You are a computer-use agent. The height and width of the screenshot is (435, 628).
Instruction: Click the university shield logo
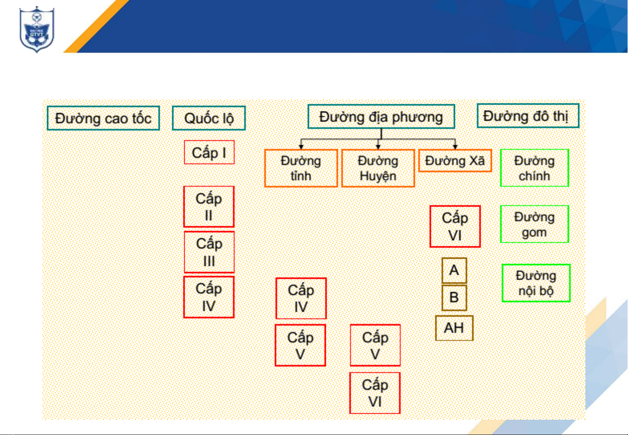coord(37,29)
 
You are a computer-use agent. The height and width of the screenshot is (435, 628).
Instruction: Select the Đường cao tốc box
coord(103,118)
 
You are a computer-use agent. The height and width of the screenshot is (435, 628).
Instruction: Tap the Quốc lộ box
coord(209,118)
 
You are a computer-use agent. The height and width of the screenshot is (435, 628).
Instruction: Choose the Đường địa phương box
coord(381,117)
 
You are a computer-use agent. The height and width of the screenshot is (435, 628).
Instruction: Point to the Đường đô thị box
coord(528,116)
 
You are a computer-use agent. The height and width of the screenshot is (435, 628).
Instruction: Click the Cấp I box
coord(209,152)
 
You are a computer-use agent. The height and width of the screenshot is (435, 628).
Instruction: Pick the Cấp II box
coord(209,207)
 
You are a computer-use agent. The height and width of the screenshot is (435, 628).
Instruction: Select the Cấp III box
coord(209,252)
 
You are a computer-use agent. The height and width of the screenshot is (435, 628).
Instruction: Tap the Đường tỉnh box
coord(301,168)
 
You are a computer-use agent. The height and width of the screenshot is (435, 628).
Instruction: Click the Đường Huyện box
coord(378,168)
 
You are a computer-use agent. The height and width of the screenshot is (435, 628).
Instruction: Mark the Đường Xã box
coord(455,161)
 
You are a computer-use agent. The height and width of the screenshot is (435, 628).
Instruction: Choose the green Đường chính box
coord(535,168)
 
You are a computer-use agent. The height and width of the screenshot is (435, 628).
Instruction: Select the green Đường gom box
coord(535,224)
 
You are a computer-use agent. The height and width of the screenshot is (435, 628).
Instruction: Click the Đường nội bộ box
coord(536,283)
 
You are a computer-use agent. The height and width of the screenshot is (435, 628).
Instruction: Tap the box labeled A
coord(454,270)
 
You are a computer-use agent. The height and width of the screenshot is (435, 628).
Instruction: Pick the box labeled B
coord(454,297)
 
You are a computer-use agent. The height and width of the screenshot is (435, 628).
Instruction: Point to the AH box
coord(454,328)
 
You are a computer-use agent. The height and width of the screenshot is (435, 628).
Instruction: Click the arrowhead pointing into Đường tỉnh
coord(301,147)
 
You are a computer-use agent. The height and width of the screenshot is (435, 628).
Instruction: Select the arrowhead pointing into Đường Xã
coord(455,147)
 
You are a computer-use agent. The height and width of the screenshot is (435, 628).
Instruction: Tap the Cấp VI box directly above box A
coord(455,226)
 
